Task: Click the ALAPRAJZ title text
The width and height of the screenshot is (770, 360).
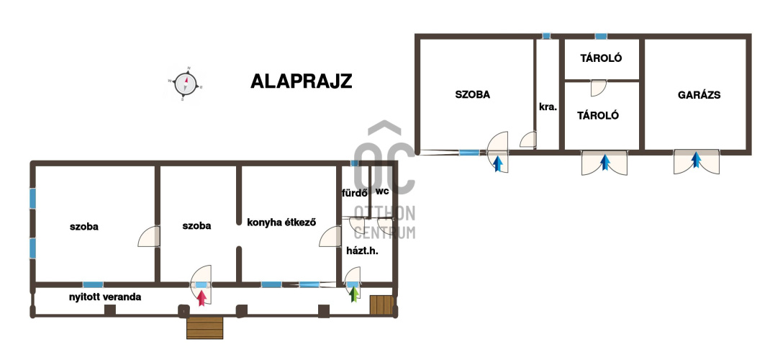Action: coord(301,81)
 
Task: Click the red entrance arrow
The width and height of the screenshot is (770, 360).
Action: coord(201,298)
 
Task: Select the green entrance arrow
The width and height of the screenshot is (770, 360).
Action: coord(353,294)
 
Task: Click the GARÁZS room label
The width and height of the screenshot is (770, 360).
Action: coord(699,95)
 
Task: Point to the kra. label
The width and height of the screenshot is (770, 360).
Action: coord(548,107)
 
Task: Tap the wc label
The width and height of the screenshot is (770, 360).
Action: coord(382,191)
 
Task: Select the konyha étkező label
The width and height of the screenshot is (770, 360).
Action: coord(281,222)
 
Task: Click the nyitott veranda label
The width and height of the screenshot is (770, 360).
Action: coord(104,297)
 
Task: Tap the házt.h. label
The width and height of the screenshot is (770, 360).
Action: coord(363,251)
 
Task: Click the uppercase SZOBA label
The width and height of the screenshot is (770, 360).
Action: coord(472,95)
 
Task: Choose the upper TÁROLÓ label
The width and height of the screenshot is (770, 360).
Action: coord(601,58)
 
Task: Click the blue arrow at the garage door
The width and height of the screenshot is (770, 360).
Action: coord(696,160)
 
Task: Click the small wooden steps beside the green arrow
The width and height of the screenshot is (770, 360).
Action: coord(381,305)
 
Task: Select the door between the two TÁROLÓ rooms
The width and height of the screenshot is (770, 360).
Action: coord(598,88)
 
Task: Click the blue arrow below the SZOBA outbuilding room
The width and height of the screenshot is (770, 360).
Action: coord(498,163)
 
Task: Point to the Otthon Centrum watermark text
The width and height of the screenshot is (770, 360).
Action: coord(384,222)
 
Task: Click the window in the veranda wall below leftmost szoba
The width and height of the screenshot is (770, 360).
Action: coord(93,284)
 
